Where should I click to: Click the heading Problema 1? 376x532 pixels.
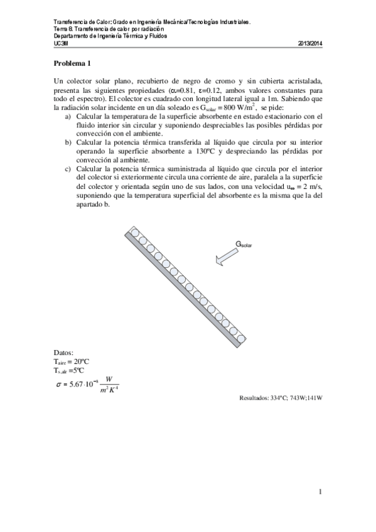tap(72, 63)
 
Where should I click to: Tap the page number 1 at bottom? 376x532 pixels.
tap(320, 492)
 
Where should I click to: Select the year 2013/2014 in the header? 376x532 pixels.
tap(309, 43)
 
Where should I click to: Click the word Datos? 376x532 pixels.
tap(64, 353)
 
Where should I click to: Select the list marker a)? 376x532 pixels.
tap(68, 116)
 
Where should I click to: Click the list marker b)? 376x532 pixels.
tap(68, 142)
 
